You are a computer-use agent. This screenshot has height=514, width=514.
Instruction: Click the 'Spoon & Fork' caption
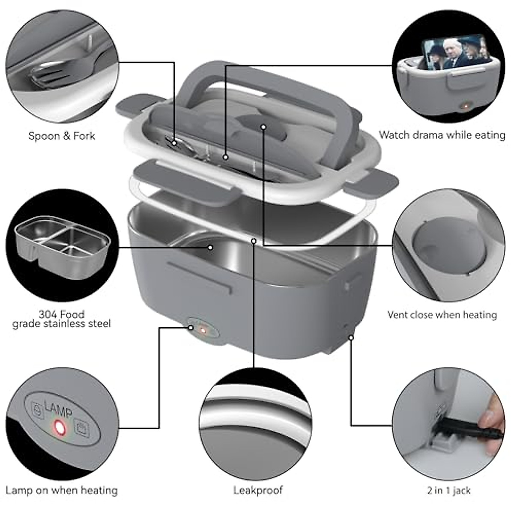click(62, 136)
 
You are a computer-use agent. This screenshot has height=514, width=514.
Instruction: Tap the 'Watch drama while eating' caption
click(442, 135)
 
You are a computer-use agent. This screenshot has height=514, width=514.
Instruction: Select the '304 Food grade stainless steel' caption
click(61, 319)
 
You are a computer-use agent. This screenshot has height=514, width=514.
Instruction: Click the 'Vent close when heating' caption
click(442, 315)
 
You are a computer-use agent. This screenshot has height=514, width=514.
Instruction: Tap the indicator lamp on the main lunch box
click(203, 331)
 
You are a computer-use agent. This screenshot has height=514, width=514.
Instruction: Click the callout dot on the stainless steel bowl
click(210, 247)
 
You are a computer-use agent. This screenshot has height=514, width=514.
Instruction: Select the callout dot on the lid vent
click(263, 127)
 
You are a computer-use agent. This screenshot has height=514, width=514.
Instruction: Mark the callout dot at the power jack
click(351, 338)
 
